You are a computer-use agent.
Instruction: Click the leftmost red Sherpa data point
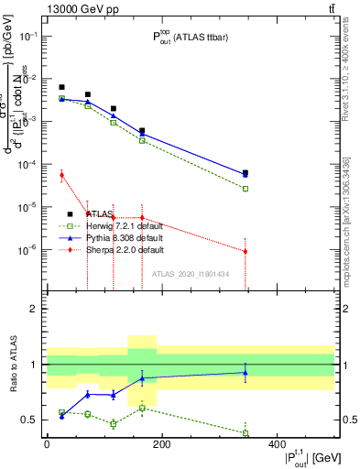coord(61,174)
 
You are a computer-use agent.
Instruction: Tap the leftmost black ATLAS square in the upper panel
coord(61,87)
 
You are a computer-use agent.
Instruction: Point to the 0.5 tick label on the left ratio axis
coord(34,420)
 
